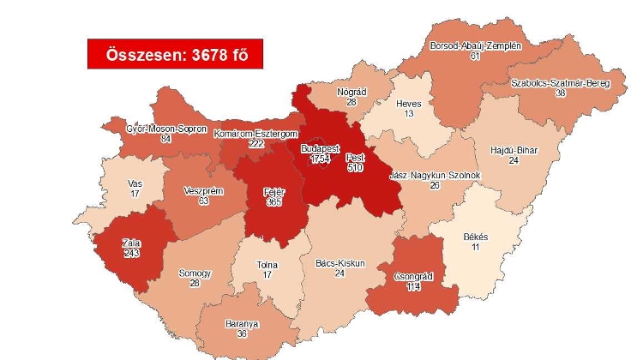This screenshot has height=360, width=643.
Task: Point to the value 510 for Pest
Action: (x=355, y=168)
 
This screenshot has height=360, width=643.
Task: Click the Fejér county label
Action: (x=272, y=191)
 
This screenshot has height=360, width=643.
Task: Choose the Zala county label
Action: (x=130, y=243)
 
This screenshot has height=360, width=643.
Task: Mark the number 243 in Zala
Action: (x=130, y=254)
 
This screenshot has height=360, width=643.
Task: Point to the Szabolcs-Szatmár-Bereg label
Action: (x=560, y=83)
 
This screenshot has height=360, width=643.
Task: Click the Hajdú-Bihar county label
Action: (x=514, y=150)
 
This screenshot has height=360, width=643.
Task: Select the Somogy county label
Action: (x=195, y=273)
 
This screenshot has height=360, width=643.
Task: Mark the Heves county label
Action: (x=408, y=104)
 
